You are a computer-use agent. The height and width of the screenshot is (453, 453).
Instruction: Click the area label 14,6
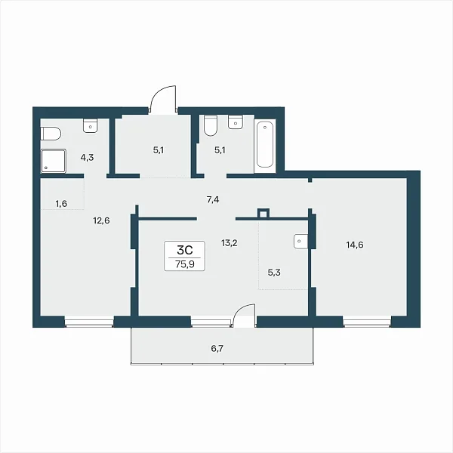pyautogui.click(x=355, y=245)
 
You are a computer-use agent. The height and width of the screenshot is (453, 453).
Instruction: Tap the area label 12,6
pyautogui.click(x=101, y=220)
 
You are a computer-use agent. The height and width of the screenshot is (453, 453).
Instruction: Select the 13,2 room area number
pyautogui.click(x=229, y=243)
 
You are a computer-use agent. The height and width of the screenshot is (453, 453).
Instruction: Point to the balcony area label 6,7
pyautogui.click(x=217, y=349)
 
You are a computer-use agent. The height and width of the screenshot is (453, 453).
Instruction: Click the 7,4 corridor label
pyautogui.click(x=213, y=199)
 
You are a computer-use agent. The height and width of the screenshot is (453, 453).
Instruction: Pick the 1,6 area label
pyautogui.click(x=61, y=204)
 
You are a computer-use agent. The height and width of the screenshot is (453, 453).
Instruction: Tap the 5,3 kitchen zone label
pyautogui.click(x=274, y=272)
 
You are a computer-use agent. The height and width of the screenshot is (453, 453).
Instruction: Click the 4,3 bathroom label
pyautogui.click(x=87, y=158)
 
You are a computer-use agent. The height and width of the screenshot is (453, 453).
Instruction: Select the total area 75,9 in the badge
pyautogui.click(x=185, y=264)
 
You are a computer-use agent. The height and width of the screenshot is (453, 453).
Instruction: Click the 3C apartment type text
pyautogui.click(x=185, y=250)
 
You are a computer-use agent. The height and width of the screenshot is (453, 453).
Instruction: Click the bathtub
pyautogui.click(x=265, y=145)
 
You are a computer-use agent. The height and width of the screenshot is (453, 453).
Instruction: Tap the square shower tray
pyautogui.click(x=54, y=161)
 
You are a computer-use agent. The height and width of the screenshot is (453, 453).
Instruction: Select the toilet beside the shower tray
pyautogui.click(x=51, y=134)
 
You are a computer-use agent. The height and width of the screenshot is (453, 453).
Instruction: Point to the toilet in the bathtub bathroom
pyautogui.click(x=211, y=125)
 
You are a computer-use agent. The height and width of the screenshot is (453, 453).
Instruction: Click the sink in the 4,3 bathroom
pyautogui.click(x=91, y=125)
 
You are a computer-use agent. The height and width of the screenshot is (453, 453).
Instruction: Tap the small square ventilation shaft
pyautogui.click(x=263, y=214)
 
